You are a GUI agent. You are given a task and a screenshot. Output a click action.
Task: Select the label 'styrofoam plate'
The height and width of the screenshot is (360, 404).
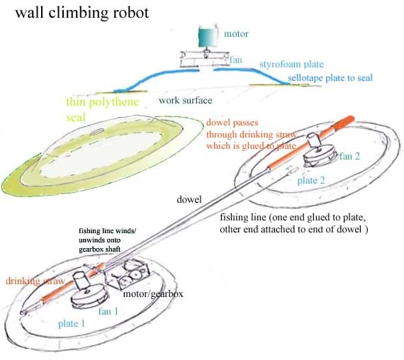point(291,64)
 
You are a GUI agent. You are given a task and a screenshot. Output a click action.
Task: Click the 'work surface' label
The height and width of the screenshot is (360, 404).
point(185,100)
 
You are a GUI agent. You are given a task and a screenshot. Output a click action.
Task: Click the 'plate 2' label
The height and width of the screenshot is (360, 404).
point(313,181)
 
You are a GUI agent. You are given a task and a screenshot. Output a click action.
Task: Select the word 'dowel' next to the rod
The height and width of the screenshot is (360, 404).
point(190,201)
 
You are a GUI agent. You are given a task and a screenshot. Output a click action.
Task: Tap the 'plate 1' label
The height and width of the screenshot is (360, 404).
point(74,323)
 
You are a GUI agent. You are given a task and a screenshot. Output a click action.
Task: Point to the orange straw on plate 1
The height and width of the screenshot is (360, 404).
point(50,297)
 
